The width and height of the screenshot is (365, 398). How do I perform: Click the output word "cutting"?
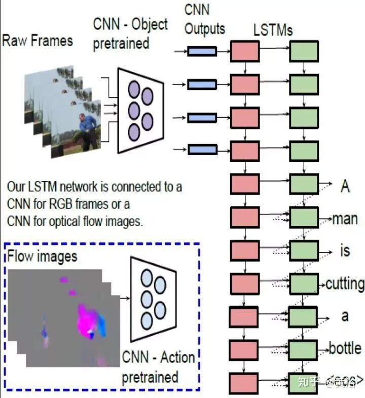point(344,283)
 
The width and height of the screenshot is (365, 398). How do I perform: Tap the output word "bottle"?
point(345,349)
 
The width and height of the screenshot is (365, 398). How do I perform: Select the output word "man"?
point(345,219)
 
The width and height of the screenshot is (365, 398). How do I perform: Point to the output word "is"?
point(345,251)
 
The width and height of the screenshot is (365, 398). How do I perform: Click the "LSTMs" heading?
point(273,30)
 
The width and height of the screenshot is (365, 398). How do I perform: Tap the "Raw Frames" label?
point(38,41)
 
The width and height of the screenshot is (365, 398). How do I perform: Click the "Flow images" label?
point(43,256)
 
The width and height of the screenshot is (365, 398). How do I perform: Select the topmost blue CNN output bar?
point(202,51)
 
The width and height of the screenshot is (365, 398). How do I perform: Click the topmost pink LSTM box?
point(245,52)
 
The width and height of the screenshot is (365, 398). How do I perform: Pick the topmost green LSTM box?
point(304,52)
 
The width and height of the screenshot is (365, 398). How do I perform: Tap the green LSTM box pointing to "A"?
point(304,185)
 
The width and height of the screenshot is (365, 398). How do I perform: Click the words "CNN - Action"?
point(158,358)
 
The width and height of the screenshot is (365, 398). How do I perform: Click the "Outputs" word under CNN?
point(204,29)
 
